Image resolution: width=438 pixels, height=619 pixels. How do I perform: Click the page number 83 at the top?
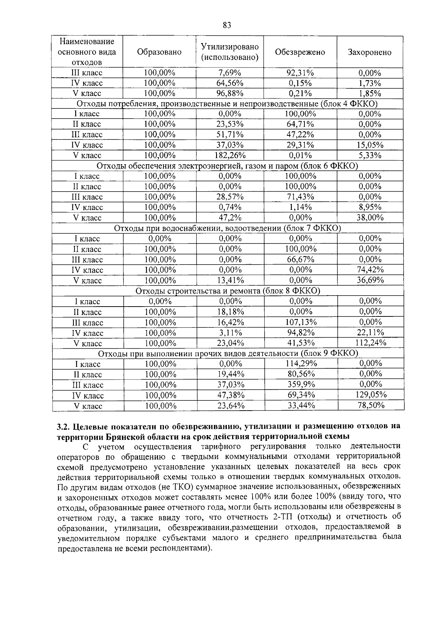point(227,25)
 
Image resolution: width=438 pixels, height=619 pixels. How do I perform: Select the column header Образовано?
point(159,52)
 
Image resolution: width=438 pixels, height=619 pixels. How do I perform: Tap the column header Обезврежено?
point(300,52)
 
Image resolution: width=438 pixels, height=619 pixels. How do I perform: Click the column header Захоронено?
point(369,52)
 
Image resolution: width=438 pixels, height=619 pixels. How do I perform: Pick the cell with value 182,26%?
point(230,155)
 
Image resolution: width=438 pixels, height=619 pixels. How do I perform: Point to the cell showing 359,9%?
point(301,385)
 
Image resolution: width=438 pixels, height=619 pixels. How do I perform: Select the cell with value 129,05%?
point(371,395)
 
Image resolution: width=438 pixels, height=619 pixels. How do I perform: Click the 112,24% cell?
point(371,343)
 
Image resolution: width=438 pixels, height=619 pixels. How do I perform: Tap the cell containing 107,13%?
point(301,322)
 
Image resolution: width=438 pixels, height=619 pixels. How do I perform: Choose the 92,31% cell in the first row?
point(300,73)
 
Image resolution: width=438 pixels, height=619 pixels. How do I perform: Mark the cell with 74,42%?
point(370,270)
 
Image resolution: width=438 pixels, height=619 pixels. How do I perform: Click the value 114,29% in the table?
point(301,364)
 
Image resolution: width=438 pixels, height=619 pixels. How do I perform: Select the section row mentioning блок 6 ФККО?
point(227,166)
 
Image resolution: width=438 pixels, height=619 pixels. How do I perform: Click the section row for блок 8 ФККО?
point(227,291)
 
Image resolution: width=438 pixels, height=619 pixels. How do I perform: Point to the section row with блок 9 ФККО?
point(228,353)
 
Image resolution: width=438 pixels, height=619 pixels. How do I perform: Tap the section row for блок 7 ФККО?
point(227,228)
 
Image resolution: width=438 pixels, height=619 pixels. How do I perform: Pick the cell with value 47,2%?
point(230,218)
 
